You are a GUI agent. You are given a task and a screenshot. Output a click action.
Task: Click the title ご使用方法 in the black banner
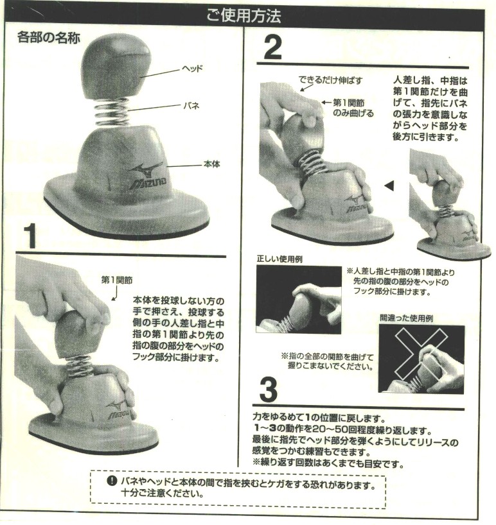point(244,16)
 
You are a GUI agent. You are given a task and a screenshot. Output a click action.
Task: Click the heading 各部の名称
point(49,38)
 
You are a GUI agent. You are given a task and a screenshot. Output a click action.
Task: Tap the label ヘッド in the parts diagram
point(192,69)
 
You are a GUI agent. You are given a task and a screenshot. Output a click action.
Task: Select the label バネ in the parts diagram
point(191,106)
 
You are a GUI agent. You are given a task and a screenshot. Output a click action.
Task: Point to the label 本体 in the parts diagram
point(211,164)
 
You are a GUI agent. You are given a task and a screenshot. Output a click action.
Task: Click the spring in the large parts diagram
point(112,112)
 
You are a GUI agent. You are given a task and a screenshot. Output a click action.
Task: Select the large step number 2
point(273,48)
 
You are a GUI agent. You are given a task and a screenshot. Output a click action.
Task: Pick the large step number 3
point(269,390)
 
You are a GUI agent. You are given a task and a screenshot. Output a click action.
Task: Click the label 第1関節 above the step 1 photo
point(118,280)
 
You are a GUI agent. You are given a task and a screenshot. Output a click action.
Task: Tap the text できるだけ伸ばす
point(330,80)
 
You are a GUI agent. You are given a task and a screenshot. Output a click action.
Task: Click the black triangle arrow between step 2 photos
point(390,185)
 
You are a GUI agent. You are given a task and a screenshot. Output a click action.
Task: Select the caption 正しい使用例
point(279,259)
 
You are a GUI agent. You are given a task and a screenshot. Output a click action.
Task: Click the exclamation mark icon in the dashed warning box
point(112,481)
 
